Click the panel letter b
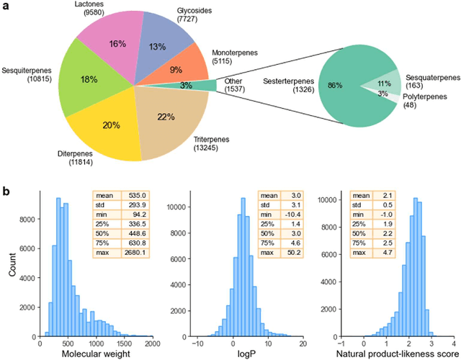pyautogui.click(x=6, y=192)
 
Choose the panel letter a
pyautogui.click(x=6, y=7)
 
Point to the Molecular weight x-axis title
pyautogui.click(x=96, y=352)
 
